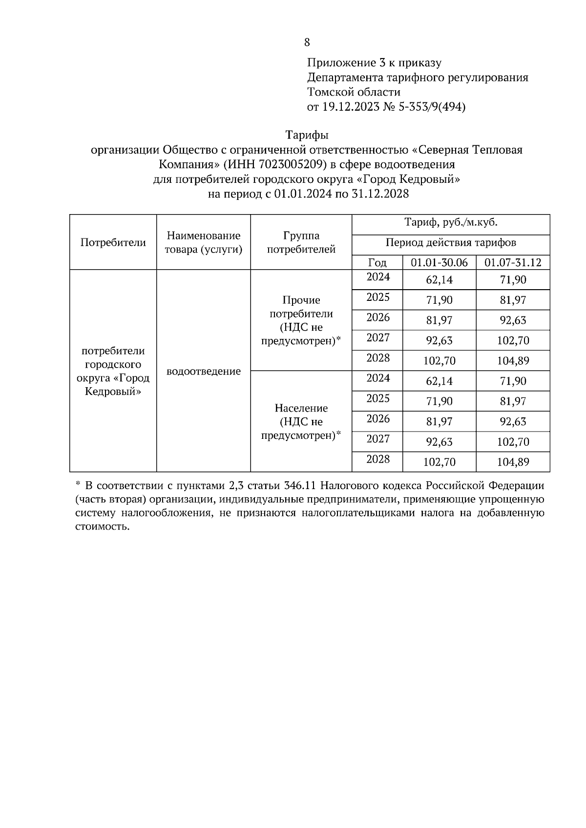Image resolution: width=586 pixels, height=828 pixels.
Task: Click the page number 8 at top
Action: [x=307, y=42]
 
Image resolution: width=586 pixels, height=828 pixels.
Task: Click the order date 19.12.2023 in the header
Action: [x=350, y=107]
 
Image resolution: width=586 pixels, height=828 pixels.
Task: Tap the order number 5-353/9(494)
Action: [x=432, y=107]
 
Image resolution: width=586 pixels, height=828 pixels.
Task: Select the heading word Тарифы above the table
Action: [x=307, y=135]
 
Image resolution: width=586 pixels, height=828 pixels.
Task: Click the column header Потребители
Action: [x=113, y=242]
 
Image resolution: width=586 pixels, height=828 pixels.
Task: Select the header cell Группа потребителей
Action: [x=301, y=242]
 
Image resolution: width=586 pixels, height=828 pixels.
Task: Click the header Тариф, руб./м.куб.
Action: [x=450, y=223]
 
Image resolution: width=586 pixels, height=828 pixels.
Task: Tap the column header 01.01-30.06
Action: [x=439, y=263]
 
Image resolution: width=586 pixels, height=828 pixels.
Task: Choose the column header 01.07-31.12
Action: [x=513, y=263]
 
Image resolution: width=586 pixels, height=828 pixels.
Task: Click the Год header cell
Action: [x=377, y=263]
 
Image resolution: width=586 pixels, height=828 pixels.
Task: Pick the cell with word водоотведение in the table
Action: [x=204, y=372]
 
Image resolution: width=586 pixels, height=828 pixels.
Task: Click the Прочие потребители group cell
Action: [x=301, y=320]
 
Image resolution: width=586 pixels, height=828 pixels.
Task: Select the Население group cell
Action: [x=301, y=421]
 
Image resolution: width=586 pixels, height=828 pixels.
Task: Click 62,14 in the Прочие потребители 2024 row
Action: [x=439, y=280]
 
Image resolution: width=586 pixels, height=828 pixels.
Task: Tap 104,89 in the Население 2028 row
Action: [x=513, y=462]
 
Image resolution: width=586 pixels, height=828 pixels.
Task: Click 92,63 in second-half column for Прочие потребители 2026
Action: [x=513, y=320]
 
